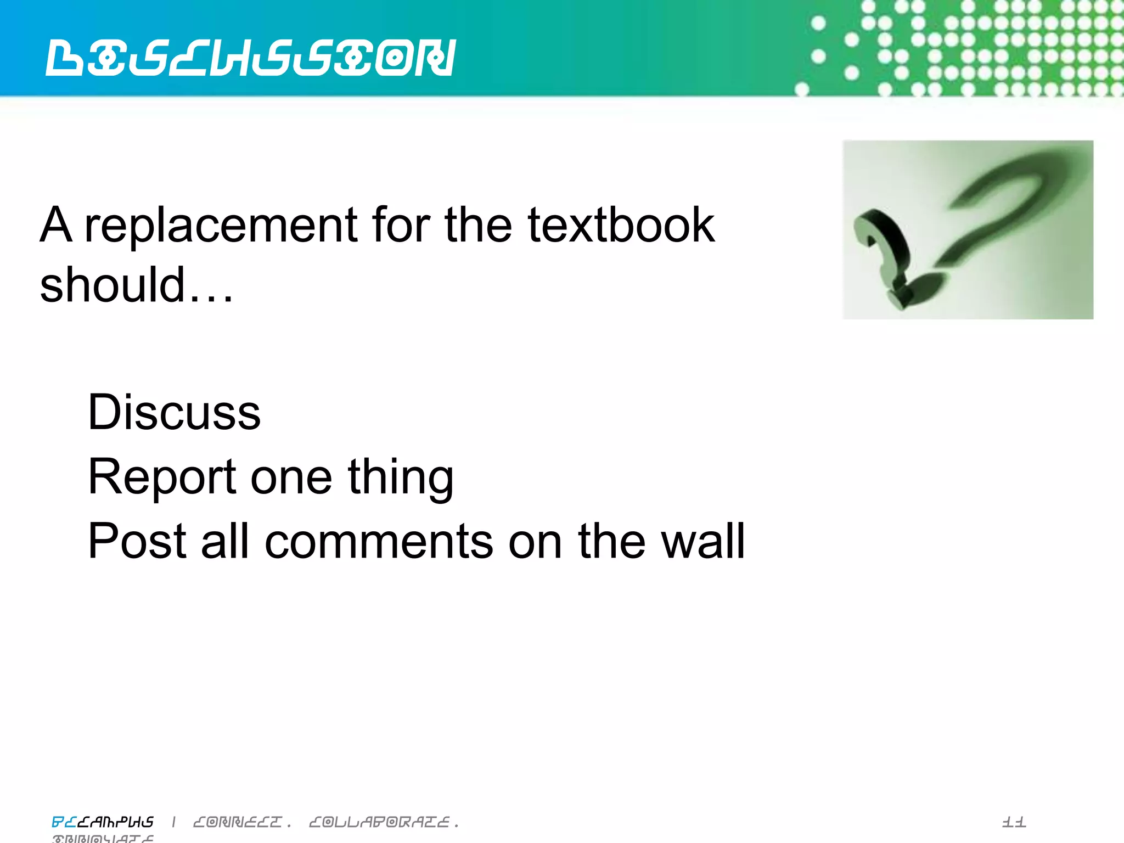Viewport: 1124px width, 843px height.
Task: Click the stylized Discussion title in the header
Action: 251,58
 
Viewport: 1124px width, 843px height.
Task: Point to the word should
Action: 112,285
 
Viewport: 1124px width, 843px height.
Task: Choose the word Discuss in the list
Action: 174,412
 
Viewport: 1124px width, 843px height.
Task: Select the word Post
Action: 137,542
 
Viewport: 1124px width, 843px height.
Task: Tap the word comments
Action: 379,542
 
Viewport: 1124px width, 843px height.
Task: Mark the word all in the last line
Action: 225,542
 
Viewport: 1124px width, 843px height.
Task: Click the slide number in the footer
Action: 1014,822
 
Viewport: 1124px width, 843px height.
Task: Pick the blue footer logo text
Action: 103,822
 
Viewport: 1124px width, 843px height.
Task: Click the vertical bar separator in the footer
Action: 174,822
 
